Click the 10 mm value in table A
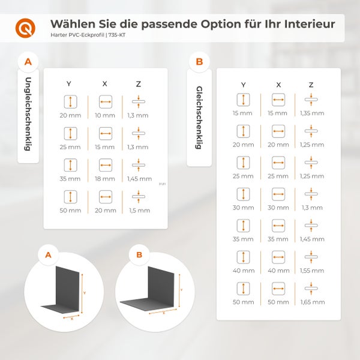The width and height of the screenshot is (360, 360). pos(105,115)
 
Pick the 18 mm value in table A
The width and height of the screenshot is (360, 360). pos(105,178)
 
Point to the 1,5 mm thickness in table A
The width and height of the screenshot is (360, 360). pos(138,211)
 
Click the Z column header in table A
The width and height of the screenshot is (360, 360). pos(138,83)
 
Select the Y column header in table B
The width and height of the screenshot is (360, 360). pos(243,85)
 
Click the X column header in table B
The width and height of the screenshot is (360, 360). pos(278,85)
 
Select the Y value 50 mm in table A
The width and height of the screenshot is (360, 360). pos(70,211)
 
